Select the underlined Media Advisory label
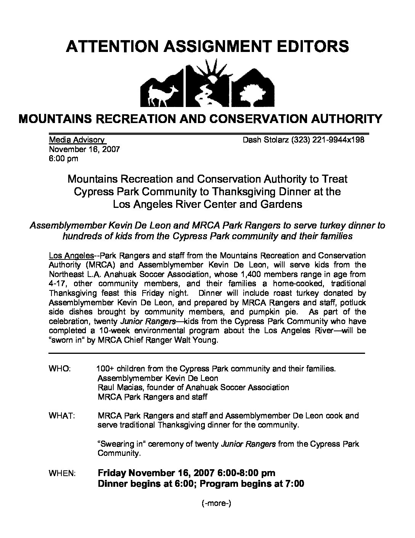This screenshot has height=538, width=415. (76, 140)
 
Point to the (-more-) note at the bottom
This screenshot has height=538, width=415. (216, 503)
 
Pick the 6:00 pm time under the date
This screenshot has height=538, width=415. (63, 158)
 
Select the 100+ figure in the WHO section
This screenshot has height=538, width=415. (106, 369)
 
